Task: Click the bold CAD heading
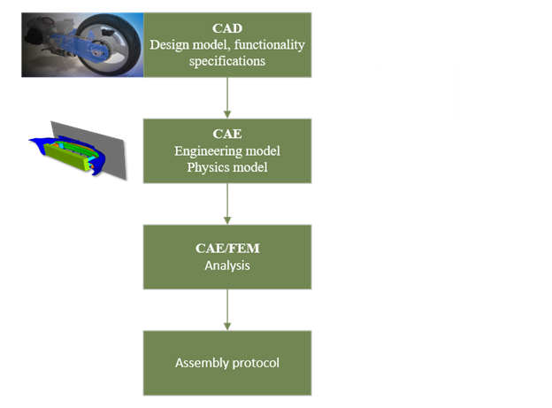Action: tap(227, 29)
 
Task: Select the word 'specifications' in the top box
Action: tap(227, 60)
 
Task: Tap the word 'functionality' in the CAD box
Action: tap(264, 44)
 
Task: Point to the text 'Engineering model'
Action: tap(227, 151)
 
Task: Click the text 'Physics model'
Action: tap(227, 166)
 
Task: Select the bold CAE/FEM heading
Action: tap(227, 249)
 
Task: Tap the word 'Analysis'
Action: tap(227, 264)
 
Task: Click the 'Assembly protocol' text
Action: tap(227, 363)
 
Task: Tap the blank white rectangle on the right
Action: tap(455, 150)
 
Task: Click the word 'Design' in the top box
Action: tap(168, 44)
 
